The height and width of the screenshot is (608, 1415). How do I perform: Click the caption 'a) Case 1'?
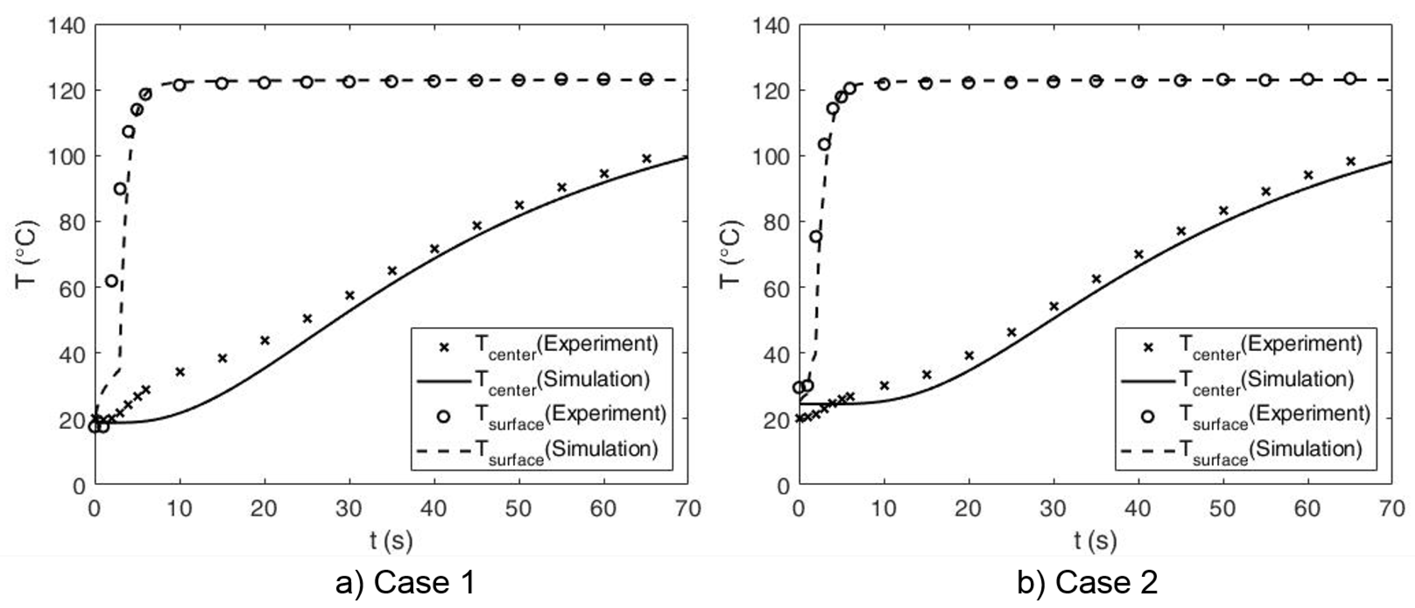point(405,583)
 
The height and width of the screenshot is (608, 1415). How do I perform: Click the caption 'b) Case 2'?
point(1087,583)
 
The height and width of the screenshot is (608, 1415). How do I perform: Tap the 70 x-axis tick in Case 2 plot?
point(1391,508)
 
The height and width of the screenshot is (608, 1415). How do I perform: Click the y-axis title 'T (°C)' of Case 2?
point(731,254)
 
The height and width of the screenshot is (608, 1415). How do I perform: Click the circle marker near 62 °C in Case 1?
point(112,281)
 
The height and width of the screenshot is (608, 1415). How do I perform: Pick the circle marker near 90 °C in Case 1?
point(120,188)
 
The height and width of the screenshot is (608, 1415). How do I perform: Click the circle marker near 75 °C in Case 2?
point(816,236)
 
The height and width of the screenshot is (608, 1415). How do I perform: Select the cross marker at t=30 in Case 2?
point(1054,306)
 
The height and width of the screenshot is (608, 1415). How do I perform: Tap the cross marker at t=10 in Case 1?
point(180,372)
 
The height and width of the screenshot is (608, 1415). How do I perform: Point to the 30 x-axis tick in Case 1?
point(349,508)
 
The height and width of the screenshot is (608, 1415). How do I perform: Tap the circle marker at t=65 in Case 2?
point(1350,78)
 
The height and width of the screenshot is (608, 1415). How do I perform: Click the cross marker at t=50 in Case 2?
point(1223,210)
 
